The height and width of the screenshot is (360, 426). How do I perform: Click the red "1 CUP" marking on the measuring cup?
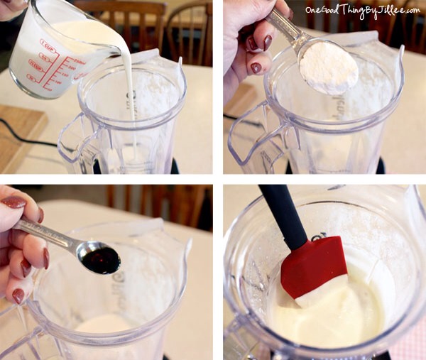[48, 45]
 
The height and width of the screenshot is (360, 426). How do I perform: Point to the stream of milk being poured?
[132, 92]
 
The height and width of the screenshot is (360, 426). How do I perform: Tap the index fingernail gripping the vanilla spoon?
[13, 202]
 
